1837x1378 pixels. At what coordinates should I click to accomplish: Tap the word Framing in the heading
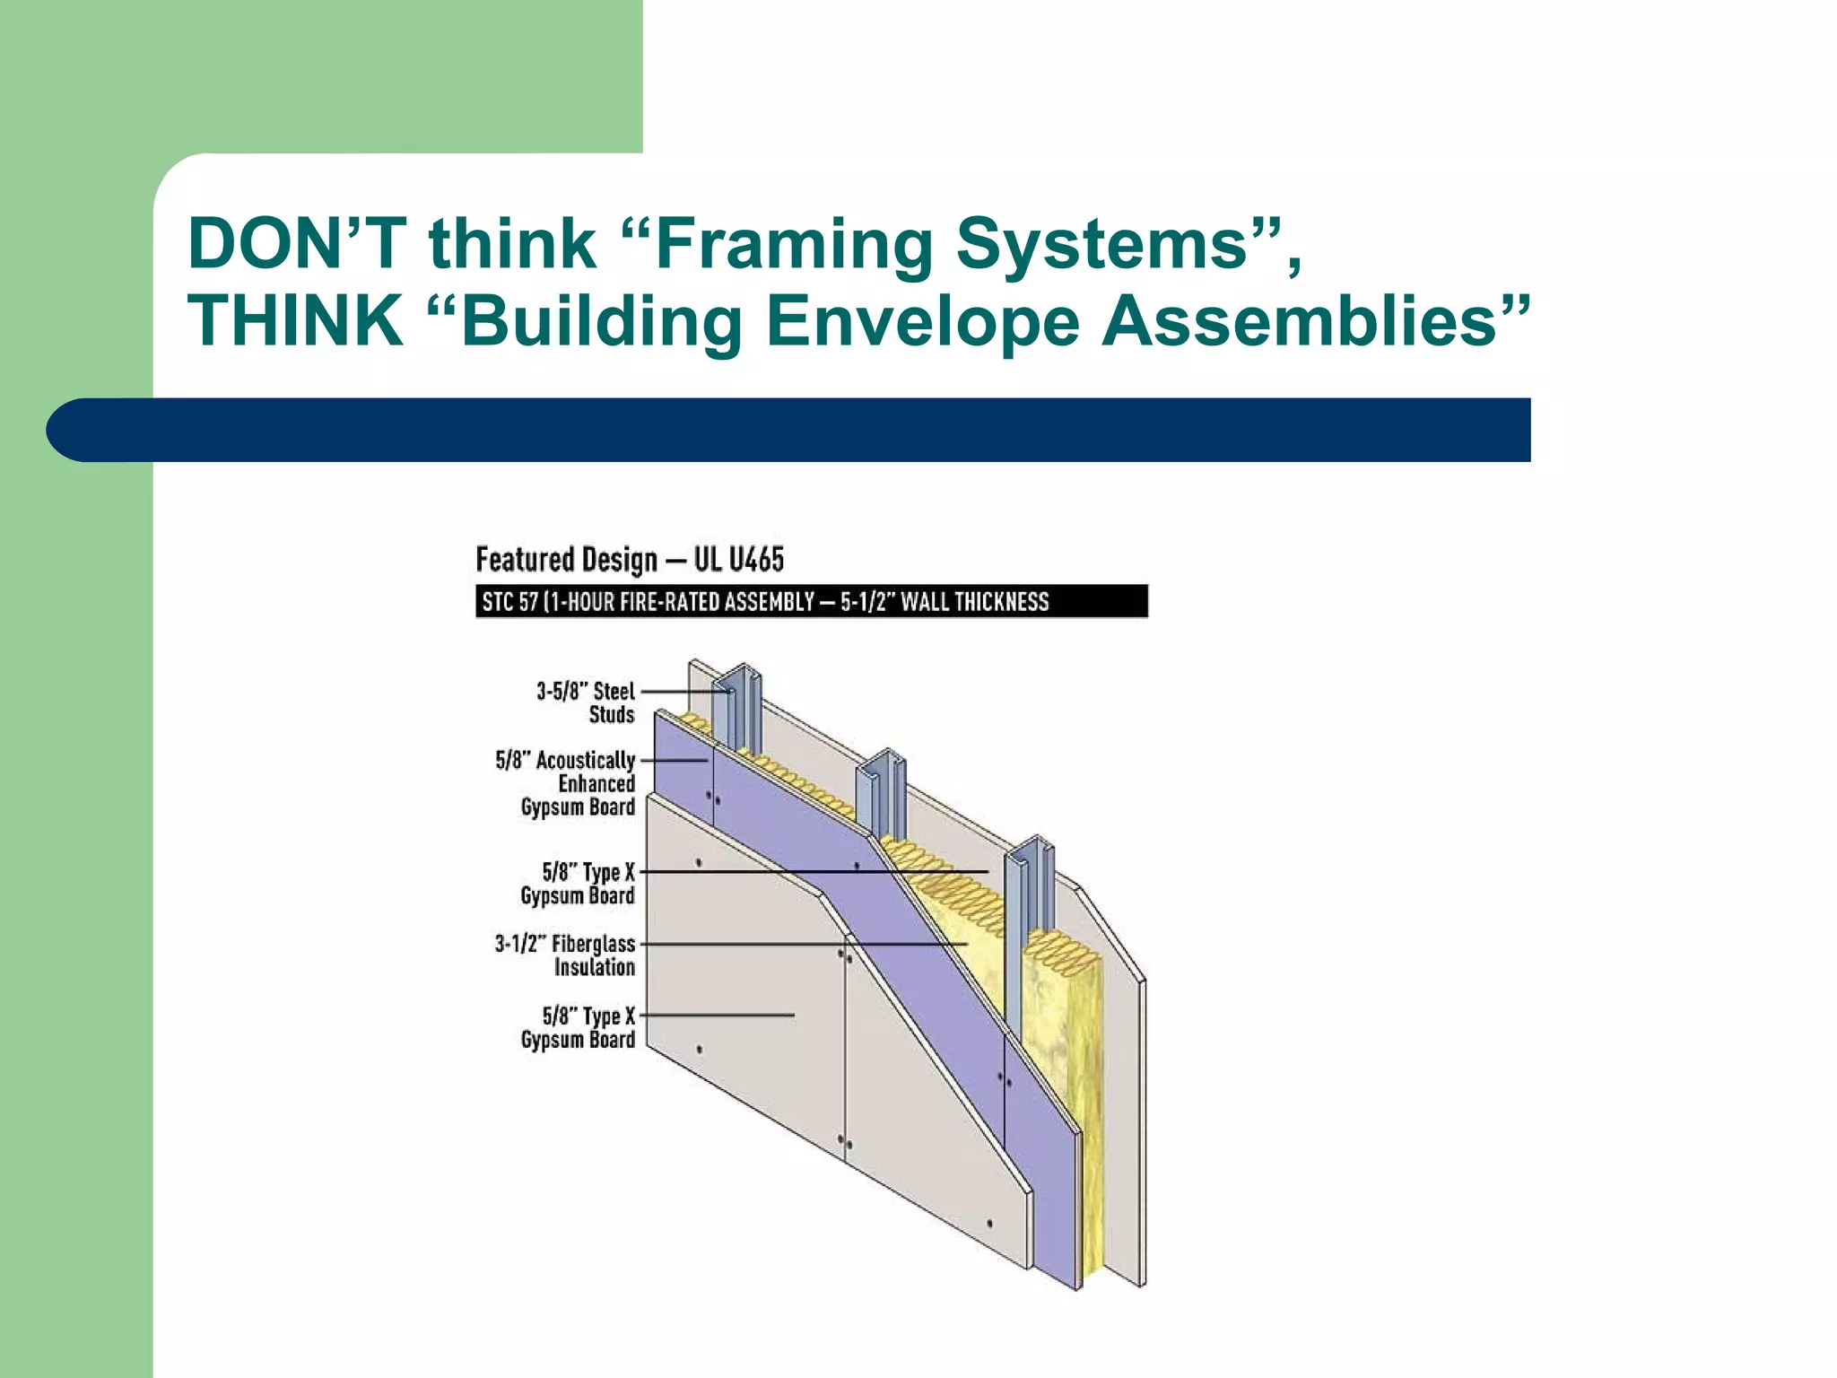point(793,245)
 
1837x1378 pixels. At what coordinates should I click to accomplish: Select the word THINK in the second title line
point(295,320)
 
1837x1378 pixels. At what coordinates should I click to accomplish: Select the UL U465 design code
point(738,560)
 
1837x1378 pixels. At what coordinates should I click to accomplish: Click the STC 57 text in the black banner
point(509,601)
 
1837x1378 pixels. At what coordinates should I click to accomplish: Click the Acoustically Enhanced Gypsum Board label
point(566,783)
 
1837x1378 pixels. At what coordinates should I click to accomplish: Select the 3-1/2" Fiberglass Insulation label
point(566,955)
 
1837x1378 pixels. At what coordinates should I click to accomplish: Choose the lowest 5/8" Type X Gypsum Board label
point(579,1027)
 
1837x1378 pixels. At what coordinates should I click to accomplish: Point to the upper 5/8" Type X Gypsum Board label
point(579,883)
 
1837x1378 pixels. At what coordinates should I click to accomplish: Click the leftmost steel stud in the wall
point(739,709)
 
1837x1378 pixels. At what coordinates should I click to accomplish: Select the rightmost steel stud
point(1028,906)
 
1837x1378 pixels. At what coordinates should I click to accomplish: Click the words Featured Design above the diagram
point(566,560)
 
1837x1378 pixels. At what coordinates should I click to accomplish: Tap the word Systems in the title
point(1102,245)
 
